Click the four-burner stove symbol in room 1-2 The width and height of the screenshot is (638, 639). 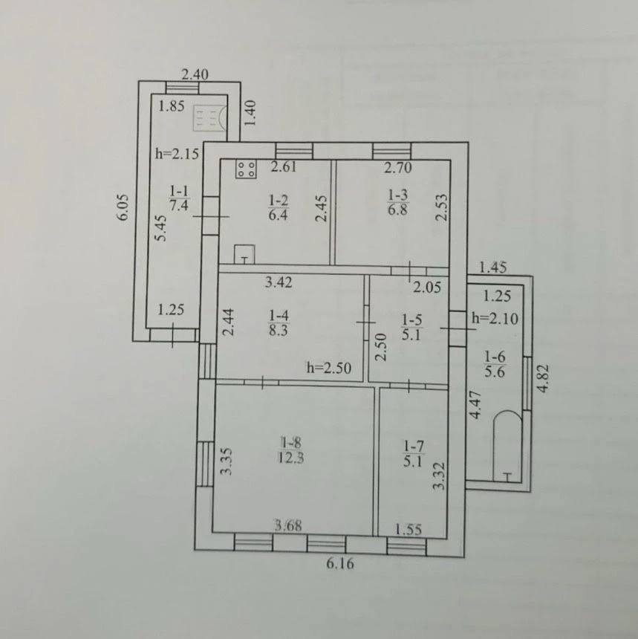(246, 169)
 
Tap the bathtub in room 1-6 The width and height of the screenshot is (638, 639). (507, 447)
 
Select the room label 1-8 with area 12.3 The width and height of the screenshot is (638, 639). (291, 450)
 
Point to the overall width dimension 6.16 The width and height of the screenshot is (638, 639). (340, 564)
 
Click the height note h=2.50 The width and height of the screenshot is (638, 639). (329, 368)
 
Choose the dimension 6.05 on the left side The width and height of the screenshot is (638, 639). (123, 207)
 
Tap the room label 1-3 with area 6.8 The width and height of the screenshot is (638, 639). (397, 201)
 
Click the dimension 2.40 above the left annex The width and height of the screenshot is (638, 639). (195, 74)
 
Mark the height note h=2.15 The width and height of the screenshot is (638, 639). (178, 154)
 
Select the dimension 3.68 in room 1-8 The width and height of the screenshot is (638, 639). (288, 525)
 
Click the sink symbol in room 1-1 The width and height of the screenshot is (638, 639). (209, 118)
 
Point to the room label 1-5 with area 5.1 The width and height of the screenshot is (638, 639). (411, 327)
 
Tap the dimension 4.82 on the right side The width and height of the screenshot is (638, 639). (543, 378)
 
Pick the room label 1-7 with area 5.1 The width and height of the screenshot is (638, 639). (413, 454)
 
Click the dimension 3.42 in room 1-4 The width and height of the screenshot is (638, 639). (279, 282)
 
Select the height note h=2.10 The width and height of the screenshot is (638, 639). (495, 318)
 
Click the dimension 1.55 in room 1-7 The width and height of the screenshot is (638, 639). (408, 529)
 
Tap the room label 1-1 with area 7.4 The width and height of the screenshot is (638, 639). (179, 198)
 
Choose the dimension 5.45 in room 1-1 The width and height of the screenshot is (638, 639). (161, 228)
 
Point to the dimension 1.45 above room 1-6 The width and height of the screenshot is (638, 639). (493, 267)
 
